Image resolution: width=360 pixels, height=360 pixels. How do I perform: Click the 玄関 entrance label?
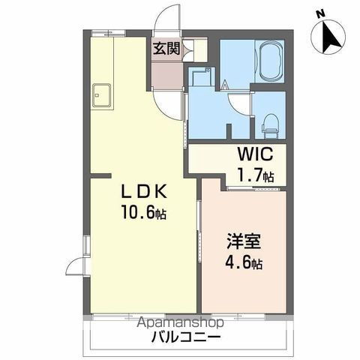166,49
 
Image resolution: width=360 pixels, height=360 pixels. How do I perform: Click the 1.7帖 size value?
255,177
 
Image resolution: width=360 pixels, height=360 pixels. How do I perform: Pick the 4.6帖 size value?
244,263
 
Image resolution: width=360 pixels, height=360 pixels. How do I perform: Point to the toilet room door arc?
241,103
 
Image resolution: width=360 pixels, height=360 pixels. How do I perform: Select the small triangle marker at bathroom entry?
224,85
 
